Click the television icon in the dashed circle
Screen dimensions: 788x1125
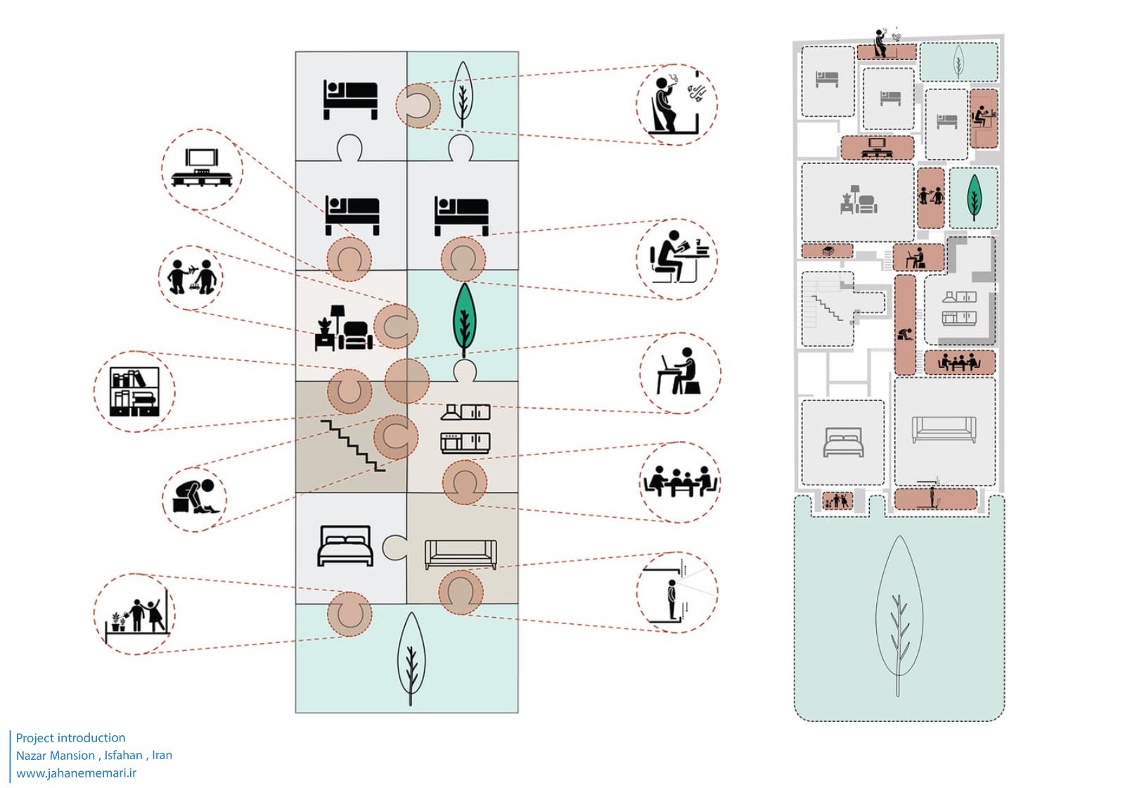pyautogui.click(x=202, y=168)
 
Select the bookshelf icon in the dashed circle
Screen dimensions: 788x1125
pyautogui.click(x=134, y=390)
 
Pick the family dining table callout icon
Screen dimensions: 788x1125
pyautogui.click(x=679, y=482)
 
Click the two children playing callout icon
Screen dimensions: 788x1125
pyautogui.click(x=190, y=277)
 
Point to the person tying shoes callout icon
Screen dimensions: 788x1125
pyautogui.click(x=195, y=495)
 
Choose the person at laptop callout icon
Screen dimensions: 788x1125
pyautogui.click(x=679, y=372)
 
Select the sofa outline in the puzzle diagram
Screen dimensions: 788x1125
pyautogui.click(x=461, y=554)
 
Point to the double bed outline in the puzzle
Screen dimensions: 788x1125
pyautogui.click(x=345, y=545)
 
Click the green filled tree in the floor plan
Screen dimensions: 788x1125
pyautogui.click(x=974, y=197)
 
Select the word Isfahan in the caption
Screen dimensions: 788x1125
pyautogui.click(x=124, y=755)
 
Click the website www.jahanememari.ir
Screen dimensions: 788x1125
pyautogui.click(x=76, y=773)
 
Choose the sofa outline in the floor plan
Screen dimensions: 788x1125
pyautogui.click(x=944, y=429)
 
